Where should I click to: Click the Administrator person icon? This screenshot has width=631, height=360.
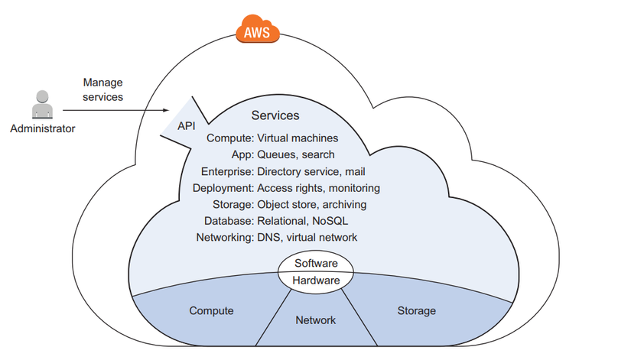(43, 106)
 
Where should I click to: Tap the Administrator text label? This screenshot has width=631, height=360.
(43, 129)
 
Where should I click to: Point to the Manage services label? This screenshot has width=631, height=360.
(102, 89)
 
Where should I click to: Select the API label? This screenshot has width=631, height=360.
(187, 125)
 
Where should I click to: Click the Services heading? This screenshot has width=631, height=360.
(275, 115)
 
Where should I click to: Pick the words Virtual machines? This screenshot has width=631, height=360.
(298, 138)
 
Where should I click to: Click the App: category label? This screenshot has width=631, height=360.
(239, 154)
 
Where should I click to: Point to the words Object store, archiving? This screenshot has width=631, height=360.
(311, 205)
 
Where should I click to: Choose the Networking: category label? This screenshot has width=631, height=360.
(224, 238)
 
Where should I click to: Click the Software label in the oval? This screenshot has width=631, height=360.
(316, 264)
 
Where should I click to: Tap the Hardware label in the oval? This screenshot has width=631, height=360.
(316, 281)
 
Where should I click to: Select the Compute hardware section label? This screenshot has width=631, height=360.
(211, 311)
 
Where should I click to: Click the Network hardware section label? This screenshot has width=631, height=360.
(315, 320)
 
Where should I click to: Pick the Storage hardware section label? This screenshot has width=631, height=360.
(417, 311)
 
